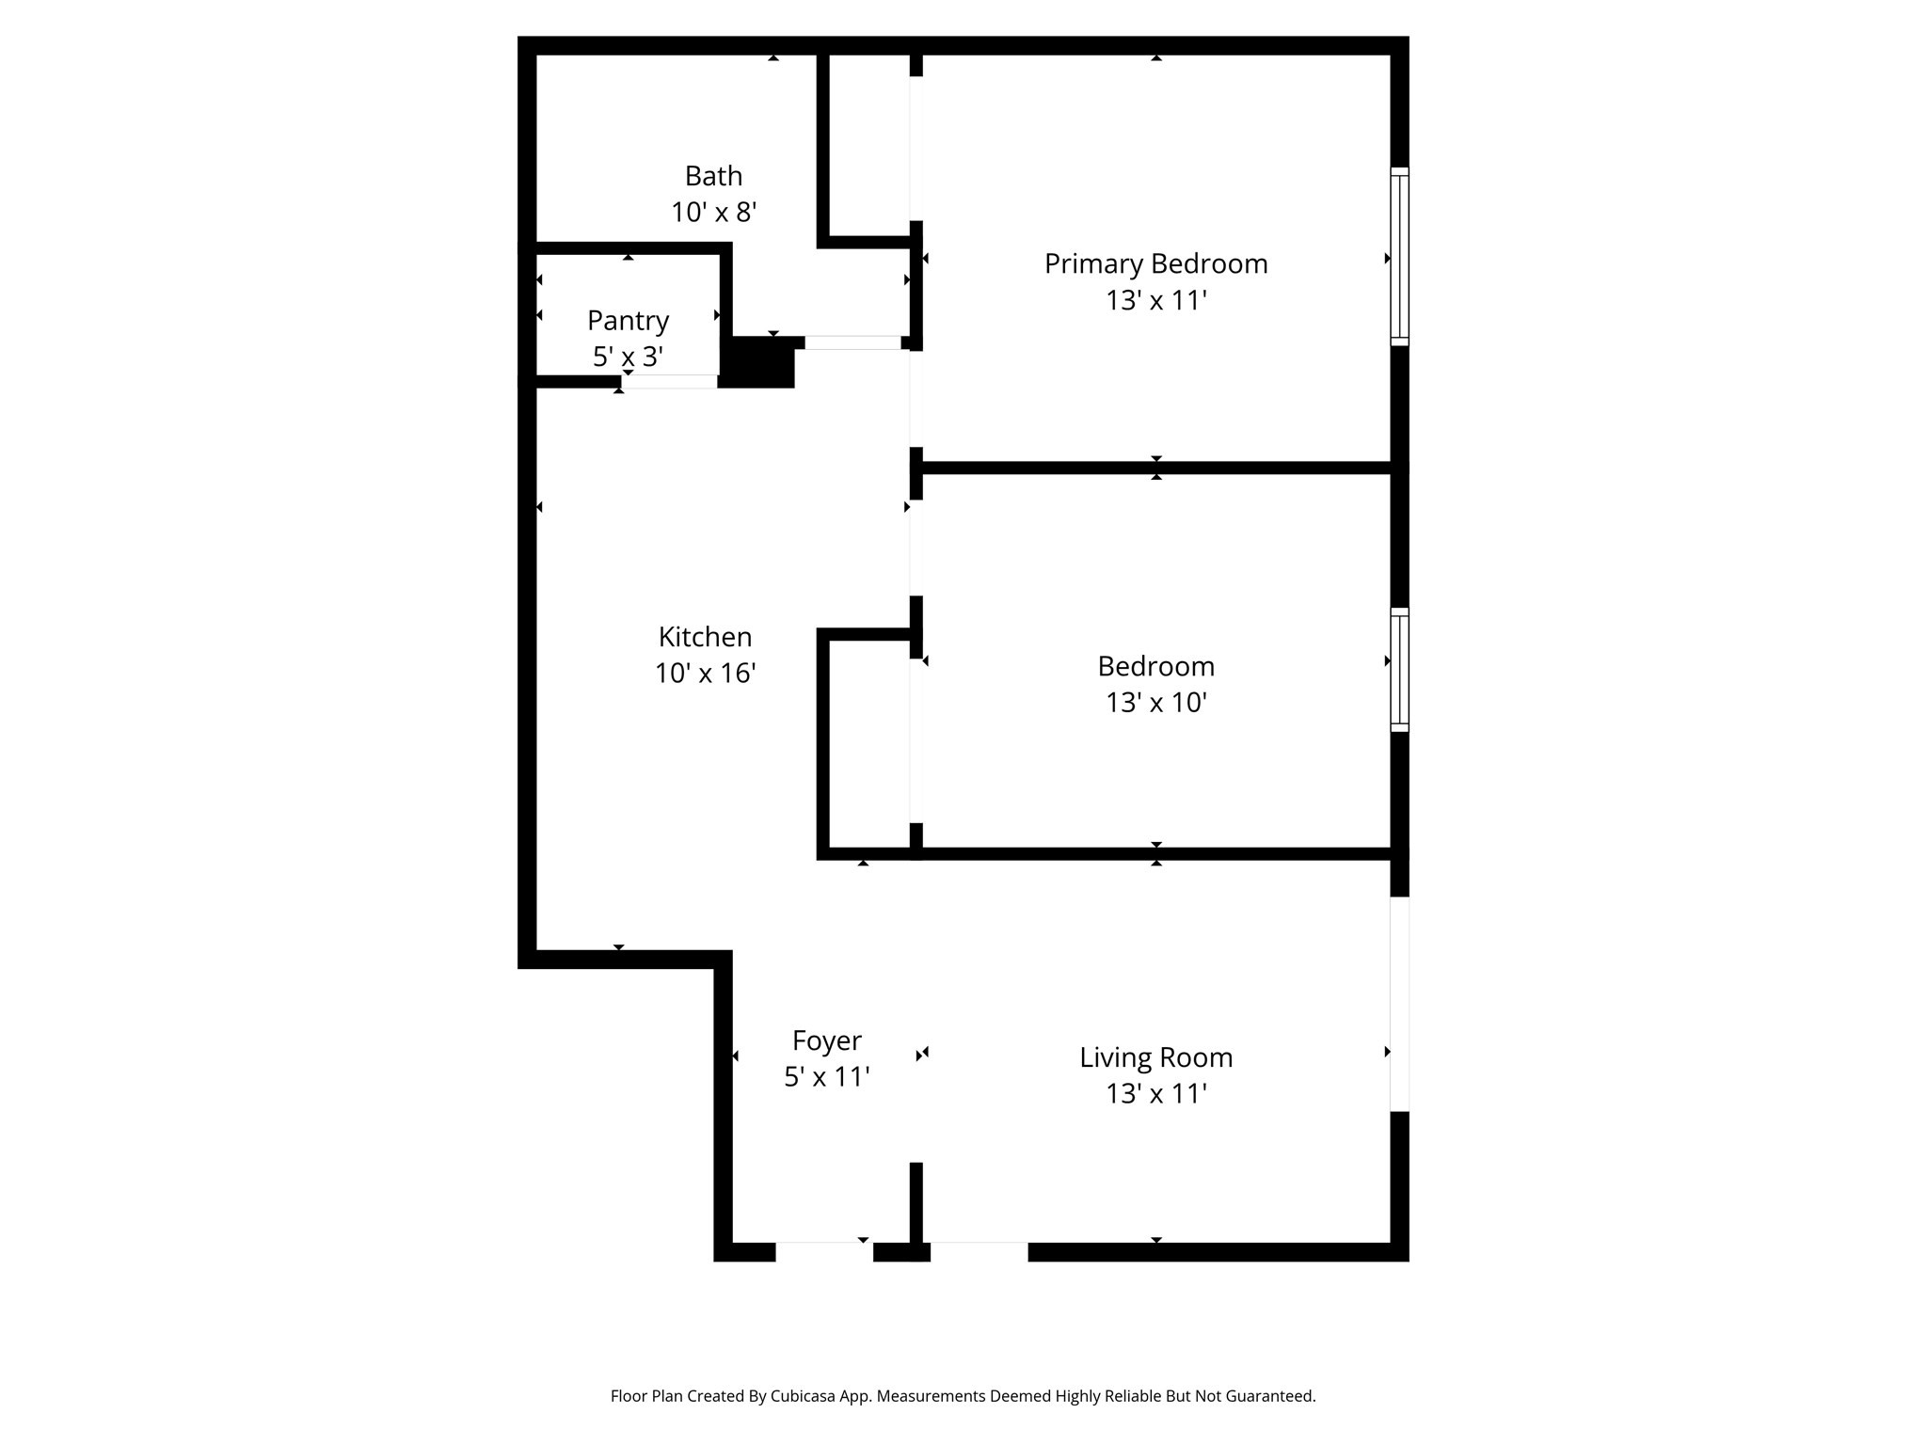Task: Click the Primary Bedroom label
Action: click(x=1155, y=263)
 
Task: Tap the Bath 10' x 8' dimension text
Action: click(x=713, y=213)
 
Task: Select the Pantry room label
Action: click(x=628, y=321)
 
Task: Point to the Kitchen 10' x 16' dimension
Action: click(x=705, y=674)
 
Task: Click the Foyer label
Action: click(x=826, y=1040)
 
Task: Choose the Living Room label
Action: click(x=1155, y=1057)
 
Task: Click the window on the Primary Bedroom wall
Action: click(x=1399, y=257)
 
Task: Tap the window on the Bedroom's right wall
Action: click(x=1399, y=669)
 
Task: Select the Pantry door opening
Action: click(x=669, y=381)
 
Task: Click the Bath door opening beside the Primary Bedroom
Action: click(x=852, y=342)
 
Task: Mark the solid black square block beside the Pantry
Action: click(x=758, y=363)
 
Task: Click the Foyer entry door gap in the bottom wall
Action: click(x=824, y=1251)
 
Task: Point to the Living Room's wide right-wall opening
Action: click(x=1399, y=1004)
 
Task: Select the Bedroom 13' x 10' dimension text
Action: click(x=1155, y=703)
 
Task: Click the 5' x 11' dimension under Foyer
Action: click(x=826, y=1077)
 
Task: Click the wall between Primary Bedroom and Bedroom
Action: click(x=1155, y=468)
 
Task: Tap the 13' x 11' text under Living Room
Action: click(x=1155, y=1094)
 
